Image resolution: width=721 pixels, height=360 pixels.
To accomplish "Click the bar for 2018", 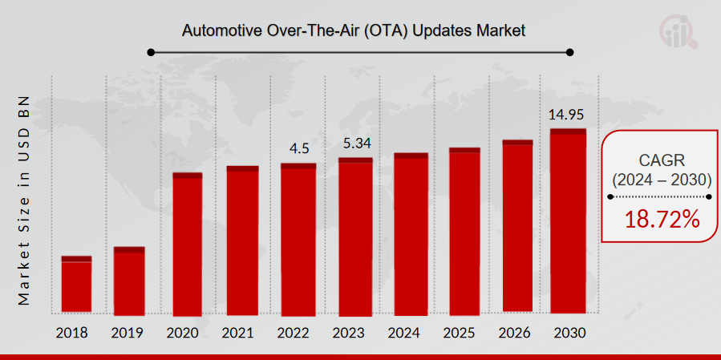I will pos(76,285).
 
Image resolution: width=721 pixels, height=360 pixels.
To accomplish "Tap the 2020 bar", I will pos(187,244).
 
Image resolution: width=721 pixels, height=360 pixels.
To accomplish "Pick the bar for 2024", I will pos(410,233).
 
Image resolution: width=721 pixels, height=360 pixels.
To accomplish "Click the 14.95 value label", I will pos(568,115).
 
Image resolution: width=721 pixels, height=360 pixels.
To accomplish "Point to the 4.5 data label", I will pos(298,149).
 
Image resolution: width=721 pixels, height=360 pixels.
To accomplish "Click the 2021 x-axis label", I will pos(243,332).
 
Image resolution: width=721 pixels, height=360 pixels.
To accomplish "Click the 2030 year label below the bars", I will pos(568,332).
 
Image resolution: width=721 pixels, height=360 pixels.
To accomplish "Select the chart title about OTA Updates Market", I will pos(353,31).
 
